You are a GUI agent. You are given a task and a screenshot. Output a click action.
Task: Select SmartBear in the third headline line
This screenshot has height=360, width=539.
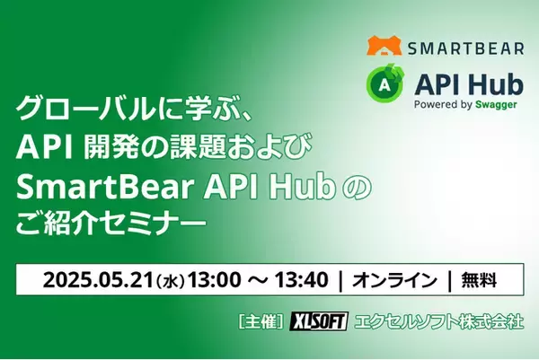(x=84, y=182)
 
